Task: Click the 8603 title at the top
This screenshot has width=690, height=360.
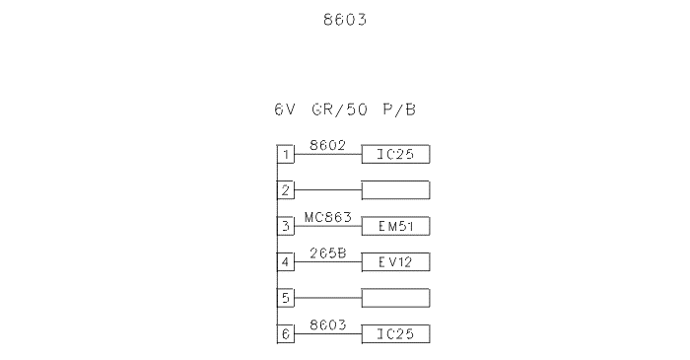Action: click(345, 20)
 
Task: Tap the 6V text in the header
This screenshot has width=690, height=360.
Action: click(285, 109)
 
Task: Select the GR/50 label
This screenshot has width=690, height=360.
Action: click(339, 109)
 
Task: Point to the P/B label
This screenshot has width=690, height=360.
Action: click(399, 109)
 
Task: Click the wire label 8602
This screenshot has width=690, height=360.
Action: click(328, 145)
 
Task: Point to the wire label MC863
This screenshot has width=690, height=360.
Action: click(328, 217)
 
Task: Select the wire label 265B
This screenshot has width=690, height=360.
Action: click(328, 253)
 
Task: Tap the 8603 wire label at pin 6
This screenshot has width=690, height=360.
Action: click(328, 325)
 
